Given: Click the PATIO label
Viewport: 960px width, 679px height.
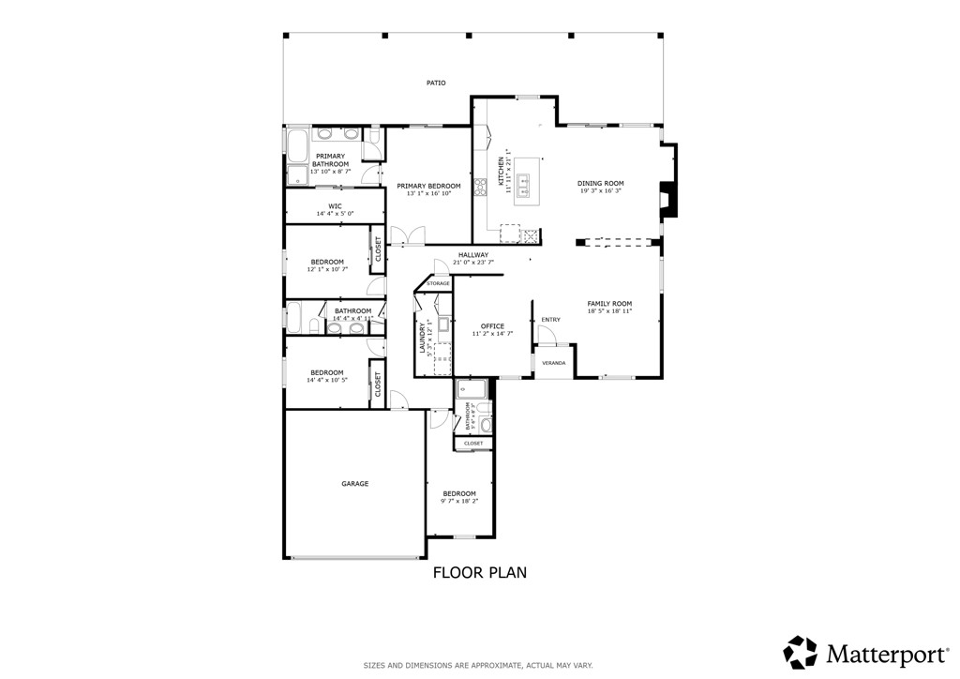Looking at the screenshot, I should click(436, 83).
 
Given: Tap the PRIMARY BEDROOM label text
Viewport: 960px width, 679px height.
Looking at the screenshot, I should click(428, 187).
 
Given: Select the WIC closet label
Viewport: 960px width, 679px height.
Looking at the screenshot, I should click(335, 205).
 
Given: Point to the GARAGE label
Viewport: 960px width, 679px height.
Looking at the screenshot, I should click(354, 484).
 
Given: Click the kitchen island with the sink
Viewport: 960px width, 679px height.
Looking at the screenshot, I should click(528, 180).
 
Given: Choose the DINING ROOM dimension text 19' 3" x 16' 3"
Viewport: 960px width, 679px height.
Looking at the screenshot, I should click(600, 191).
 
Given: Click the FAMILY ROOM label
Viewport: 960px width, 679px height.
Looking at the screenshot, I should click(609, 304).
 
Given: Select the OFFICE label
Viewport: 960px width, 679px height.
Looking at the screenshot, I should click(492, 326).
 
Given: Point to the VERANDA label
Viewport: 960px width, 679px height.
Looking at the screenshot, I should click(553, 362).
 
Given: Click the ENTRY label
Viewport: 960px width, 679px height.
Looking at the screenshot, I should click(550, 320).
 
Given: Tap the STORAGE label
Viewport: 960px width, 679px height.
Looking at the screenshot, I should click(438, 283).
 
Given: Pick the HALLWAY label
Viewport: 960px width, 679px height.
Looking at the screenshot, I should click(473, 255).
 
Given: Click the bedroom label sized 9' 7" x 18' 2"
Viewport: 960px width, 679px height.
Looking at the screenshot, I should click(459, 493).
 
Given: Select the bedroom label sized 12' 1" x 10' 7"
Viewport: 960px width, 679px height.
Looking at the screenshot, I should click(327, 262).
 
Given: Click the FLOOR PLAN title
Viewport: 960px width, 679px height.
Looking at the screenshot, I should click(479, 572).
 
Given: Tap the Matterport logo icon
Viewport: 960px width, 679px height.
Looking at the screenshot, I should click(800, 652).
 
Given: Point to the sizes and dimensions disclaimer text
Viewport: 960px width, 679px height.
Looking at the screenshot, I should click(478, 666).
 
